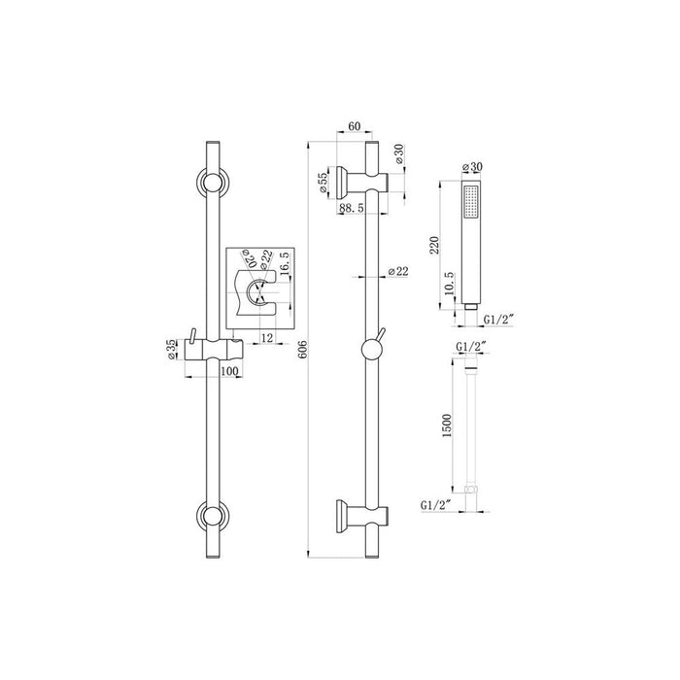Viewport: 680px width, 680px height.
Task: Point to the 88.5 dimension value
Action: coord(352,208)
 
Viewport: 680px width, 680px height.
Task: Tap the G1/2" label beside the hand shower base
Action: coord(503,316)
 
